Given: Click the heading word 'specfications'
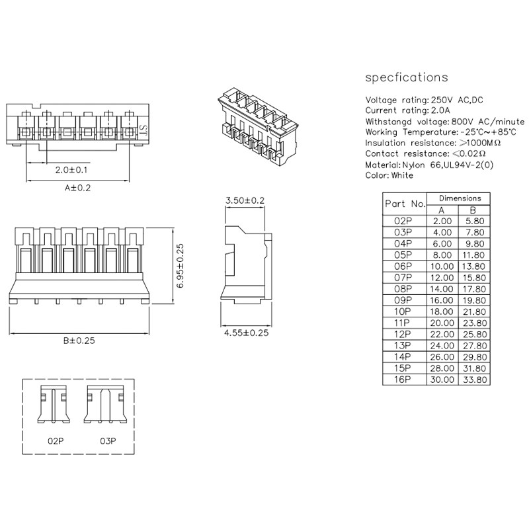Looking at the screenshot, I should [x=407, y=77].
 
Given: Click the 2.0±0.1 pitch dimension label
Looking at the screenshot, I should [x=72, y=170].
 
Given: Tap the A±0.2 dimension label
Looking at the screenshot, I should [x=78, y=188].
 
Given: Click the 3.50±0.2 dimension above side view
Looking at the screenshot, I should [x=245, y=200].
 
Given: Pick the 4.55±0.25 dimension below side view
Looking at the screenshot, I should [x=246, y=333].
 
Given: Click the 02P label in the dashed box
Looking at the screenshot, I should [x=56, y=440].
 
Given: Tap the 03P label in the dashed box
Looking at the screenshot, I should [x=108, y=440].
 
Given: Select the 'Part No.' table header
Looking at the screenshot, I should [x=405, y=204].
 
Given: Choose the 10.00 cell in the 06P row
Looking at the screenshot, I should [x=442, y=266].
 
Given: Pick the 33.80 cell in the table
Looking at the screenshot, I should [x=476, y=380].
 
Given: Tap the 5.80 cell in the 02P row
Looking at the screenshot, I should [x=476, y=221].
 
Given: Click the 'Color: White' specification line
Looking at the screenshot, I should [x=389, y=175].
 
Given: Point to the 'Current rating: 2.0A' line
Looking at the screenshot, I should [x=407, y=110].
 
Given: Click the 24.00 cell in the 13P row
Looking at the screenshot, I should [x=442, y=345].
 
